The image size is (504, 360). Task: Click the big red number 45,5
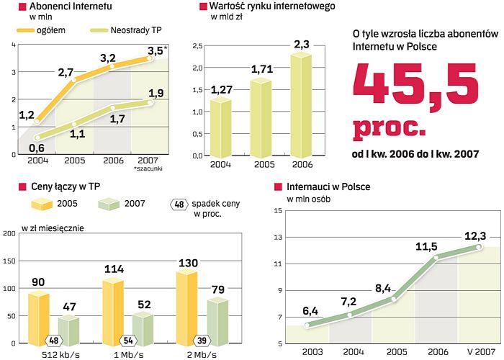(x=415, y=86)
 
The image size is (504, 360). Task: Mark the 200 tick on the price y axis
(x=9, y=233)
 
